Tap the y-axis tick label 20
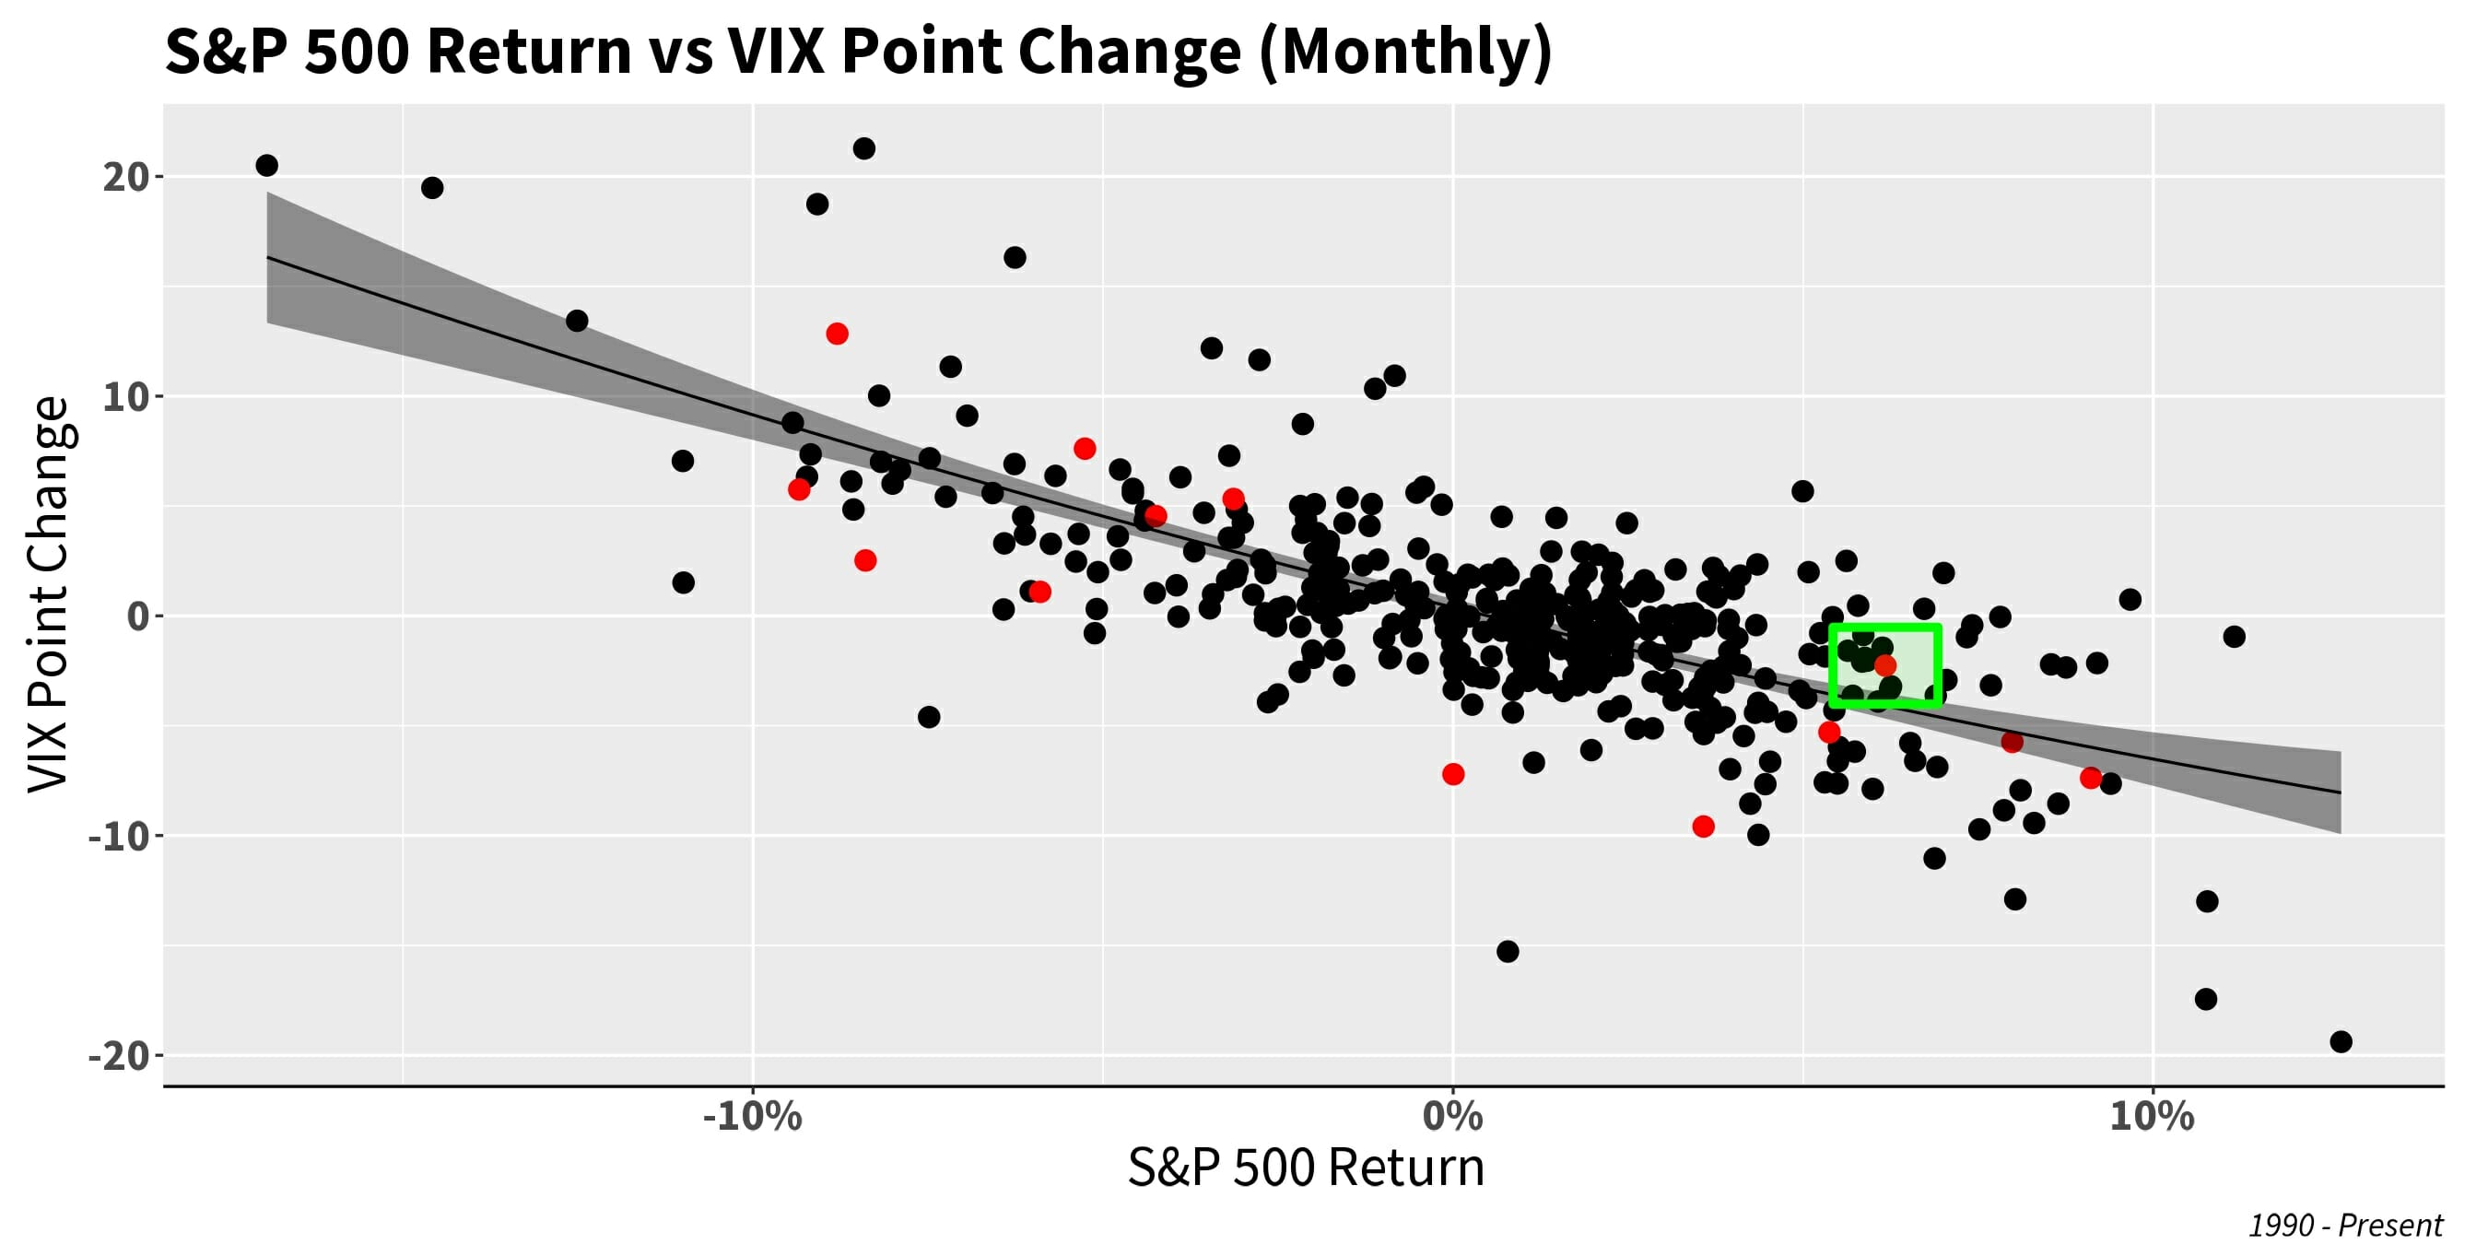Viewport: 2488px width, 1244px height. pos(125,177)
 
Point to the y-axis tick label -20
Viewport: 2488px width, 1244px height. pos(118,1055)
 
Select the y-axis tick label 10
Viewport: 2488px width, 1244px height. pos(125,396)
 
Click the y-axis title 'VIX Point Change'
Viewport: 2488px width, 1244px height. pos(48,594)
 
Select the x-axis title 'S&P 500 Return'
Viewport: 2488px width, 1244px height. pos(1306,1168)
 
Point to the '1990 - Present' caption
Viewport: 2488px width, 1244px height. pos(2345,1225)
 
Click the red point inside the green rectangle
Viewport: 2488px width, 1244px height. pos(1885,664)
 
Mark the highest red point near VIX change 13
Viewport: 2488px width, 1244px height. pos(838,334)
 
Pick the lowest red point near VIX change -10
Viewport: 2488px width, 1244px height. pos(1704,827)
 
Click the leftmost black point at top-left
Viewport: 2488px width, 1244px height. pos(266,165)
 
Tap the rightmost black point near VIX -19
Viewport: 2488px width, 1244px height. pos(2341,1041)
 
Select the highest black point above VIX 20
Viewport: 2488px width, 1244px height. pos(864,148)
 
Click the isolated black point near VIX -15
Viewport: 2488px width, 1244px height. pos(1508,951)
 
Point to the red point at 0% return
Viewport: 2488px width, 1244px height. pos(1453,774)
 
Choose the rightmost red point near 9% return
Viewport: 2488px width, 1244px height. pos(2091,778)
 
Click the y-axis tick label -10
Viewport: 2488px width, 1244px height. pos(118,836)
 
